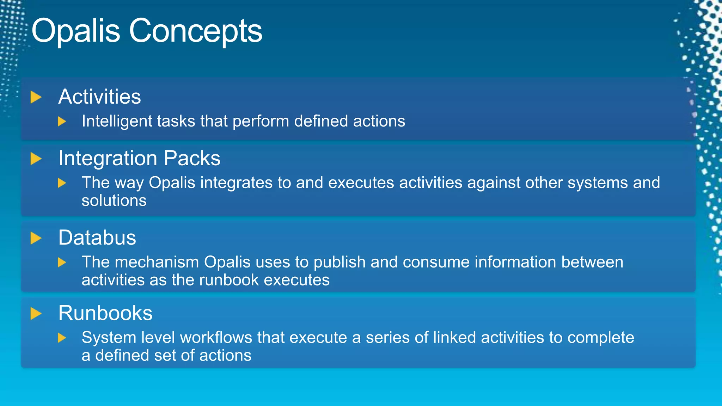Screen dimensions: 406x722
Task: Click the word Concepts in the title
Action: pos(196,31)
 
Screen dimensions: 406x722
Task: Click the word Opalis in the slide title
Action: pos(76,31)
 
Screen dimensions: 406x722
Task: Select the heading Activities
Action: pos(99,97)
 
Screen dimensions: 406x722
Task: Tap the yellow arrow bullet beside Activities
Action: pos(36,97)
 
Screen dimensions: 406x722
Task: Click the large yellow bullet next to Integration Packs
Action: pos(36,159)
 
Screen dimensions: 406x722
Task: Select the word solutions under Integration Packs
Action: pos(114,201)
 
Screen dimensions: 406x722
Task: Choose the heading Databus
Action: pos(97,238)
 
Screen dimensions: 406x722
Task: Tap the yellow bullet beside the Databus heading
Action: pos(36,238)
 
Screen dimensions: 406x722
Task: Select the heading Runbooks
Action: pos(105,313)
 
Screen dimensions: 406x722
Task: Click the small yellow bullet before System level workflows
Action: pos(62,338)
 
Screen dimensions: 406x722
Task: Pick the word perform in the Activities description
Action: pos(261,121)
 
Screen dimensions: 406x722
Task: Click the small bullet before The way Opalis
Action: pos(62,183)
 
